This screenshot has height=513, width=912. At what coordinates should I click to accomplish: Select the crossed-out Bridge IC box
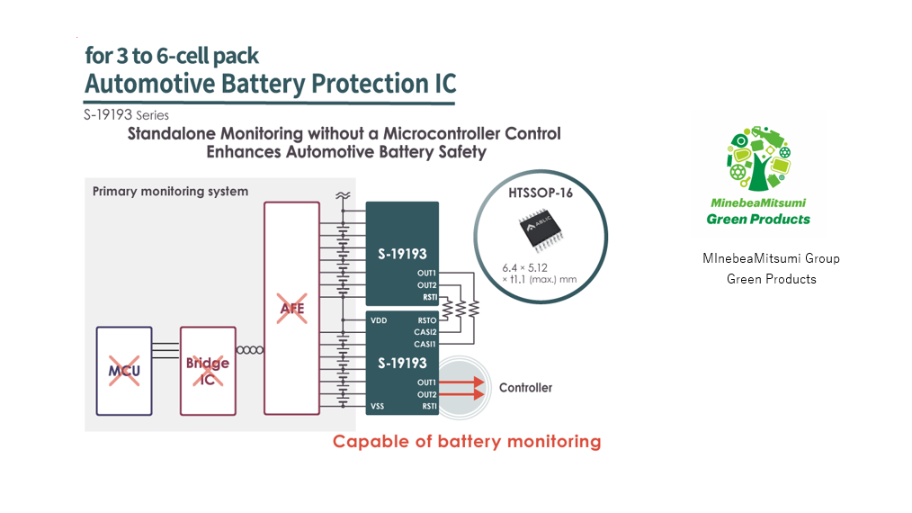207,371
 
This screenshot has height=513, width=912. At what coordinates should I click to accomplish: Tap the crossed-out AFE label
291,309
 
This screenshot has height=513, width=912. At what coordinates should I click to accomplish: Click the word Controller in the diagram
524,388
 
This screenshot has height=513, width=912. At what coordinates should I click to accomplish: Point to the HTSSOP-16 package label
540,193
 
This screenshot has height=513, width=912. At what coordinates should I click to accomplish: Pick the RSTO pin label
426,320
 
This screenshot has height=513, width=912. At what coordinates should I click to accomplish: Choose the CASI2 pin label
425,332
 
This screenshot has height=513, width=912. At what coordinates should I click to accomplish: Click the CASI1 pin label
425,344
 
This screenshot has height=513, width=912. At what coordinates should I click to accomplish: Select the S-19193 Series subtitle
126,115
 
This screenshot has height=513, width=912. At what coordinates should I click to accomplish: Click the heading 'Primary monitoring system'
170,192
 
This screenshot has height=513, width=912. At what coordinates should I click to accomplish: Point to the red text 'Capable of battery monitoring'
466,441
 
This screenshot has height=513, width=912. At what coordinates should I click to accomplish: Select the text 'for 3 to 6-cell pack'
172,56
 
